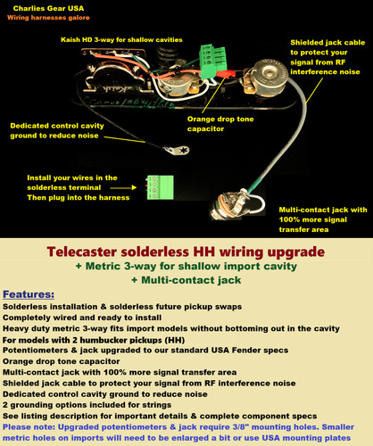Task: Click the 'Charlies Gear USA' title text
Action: click(48, 8)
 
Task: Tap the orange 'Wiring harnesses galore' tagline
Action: click(48, 18)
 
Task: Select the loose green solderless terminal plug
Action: click(160, 187)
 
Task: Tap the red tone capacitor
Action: click(225, 74)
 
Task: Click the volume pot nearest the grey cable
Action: click(267, 76)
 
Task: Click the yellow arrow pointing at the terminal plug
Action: click(123, 187)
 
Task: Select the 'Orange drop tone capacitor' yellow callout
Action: click(220, 124)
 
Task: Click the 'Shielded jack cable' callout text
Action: click(327, 43)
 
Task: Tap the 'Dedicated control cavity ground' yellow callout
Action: click(57, 130)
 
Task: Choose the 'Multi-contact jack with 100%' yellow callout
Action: click(323, 210)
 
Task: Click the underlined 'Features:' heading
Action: click(29, 294)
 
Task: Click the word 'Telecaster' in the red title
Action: click(82, 252)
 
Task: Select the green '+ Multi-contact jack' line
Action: click(186, 280)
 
